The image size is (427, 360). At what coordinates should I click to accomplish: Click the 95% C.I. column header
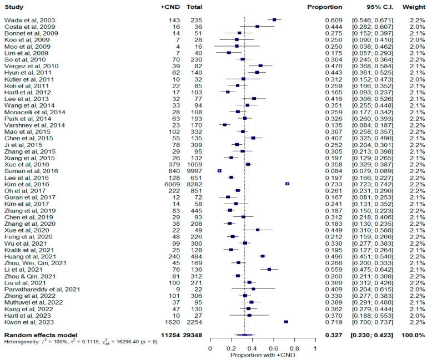(371, 7)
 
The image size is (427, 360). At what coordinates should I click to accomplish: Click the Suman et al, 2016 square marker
(219, 171)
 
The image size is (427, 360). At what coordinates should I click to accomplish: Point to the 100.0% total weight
(411, 334)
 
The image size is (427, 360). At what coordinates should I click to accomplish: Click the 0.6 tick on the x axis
(273, 348)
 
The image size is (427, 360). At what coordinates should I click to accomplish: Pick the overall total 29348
(192, 334)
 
